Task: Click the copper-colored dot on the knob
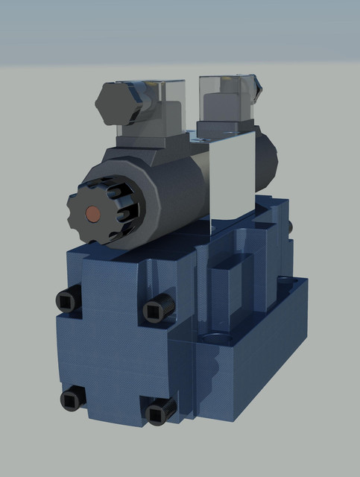click(x=94, y=212)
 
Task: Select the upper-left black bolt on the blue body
click(x=67, y=300)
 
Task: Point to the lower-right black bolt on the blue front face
click(x=157, y=411)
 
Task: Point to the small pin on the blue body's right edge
click(x=288, y=225)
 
